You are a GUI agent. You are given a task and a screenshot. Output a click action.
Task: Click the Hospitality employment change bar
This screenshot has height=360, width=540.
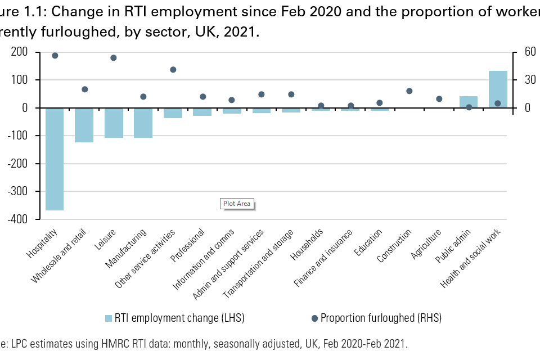coord(55,159)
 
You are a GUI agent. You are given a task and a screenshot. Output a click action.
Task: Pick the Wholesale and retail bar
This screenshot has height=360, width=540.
coord(84,125)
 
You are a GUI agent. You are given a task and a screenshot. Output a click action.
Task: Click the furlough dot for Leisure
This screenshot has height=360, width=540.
coord(114,58)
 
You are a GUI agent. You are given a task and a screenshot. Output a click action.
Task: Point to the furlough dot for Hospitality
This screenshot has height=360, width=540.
coord(55,56)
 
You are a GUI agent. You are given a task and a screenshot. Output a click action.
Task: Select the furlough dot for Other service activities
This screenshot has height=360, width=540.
coord(173,70)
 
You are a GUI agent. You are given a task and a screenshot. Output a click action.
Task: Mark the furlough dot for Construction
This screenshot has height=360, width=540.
coord(409,91)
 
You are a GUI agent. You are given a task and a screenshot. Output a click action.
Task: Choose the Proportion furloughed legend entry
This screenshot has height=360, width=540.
coord(375,318)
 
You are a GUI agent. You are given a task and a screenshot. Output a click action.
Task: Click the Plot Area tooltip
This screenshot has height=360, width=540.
coord(237,204)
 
